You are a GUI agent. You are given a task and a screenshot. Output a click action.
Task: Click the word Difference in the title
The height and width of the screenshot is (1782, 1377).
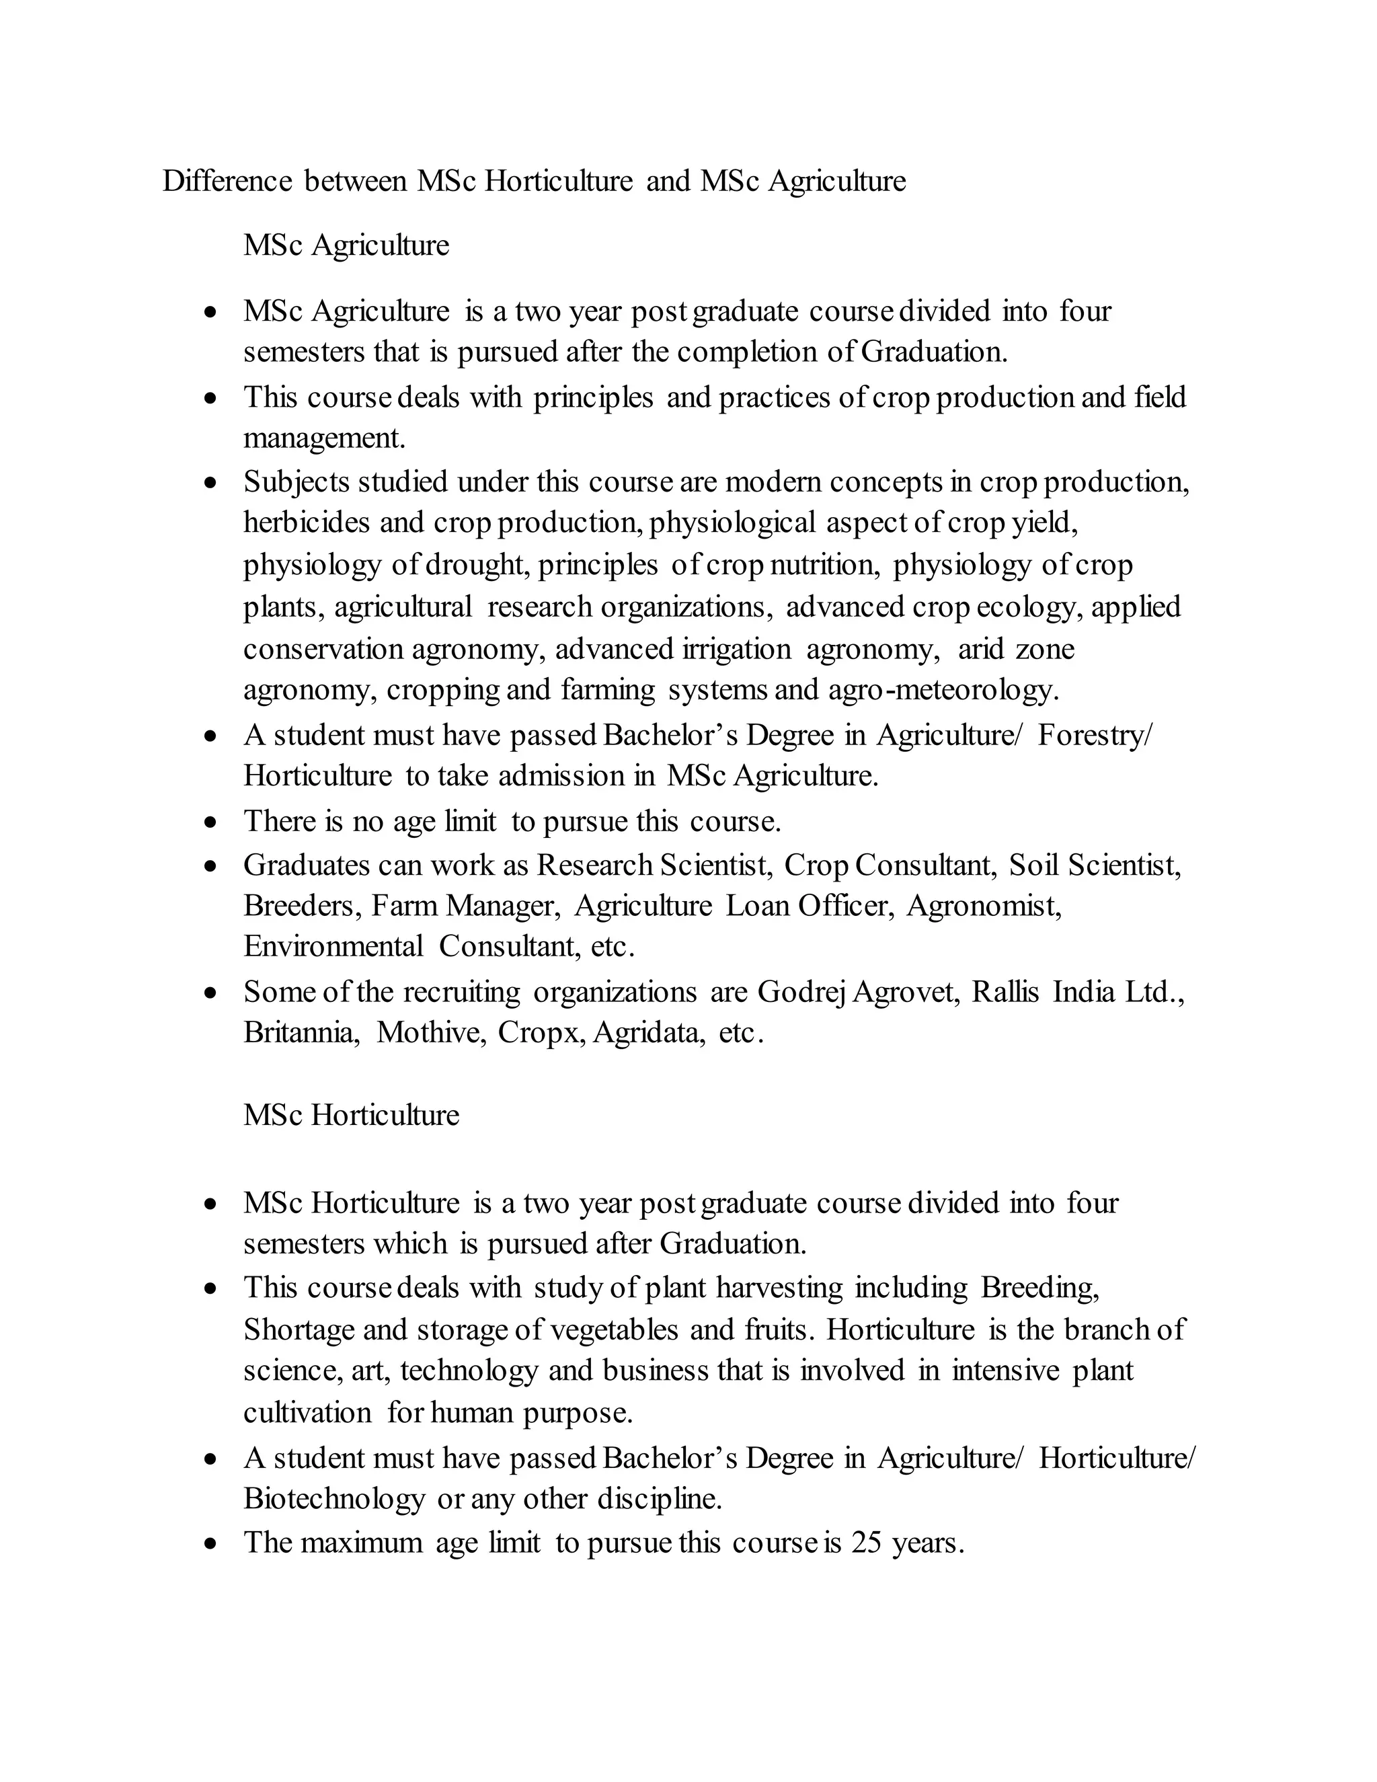[227, 181]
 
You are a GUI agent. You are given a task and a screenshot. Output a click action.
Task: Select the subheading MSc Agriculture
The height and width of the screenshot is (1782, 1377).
[346, 245]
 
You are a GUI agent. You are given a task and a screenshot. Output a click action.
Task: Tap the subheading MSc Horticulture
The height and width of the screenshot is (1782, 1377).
[351, 1114]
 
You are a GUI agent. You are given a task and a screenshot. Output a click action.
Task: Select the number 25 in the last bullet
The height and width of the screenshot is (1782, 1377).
[866, 1543]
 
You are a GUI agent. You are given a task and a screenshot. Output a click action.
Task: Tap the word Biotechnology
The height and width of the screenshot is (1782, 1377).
[333, 1499]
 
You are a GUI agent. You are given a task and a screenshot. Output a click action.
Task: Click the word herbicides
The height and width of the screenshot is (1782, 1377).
[307, 522]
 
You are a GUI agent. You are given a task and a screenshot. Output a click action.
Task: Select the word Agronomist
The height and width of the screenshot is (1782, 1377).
[984, 906]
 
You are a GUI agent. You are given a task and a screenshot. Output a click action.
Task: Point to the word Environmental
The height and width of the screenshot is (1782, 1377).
[333, 947]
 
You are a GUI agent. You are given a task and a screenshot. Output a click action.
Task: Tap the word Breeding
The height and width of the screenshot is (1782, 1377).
[1039, 1288]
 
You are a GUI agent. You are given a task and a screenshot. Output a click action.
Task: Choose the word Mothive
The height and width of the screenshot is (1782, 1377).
[432, 1033]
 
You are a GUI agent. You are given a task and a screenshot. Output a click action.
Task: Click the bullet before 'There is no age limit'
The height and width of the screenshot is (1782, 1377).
[211, 822]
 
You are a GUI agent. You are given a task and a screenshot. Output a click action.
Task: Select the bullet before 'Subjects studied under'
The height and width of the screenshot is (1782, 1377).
[211, 483]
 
